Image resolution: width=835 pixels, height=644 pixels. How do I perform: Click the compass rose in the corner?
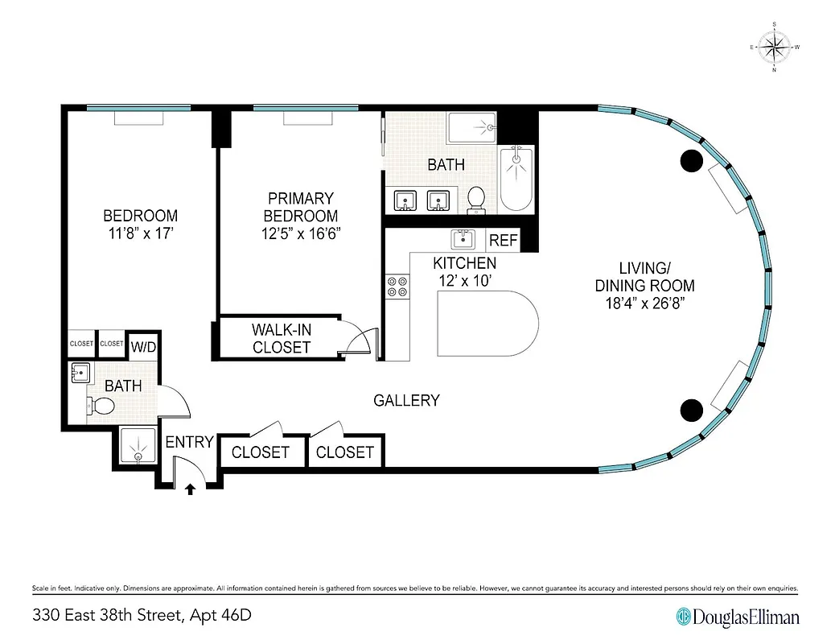[774, 47]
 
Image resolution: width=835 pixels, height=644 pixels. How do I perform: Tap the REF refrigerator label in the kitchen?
[503, 240]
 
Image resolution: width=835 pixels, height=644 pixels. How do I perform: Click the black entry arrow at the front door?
[191, 488]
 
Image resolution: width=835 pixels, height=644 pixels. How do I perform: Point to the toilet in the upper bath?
[476, 200]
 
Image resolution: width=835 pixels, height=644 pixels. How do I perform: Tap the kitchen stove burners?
[397, 288]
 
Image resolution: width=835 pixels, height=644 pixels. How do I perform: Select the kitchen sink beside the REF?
[463, 239]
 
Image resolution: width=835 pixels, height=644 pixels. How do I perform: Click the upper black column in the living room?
[691, 161]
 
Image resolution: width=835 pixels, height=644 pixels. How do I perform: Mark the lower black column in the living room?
[691, 411]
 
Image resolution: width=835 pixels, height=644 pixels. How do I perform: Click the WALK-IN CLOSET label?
[281, 338]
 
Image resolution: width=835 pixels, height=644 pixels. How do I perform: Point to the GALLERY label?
[406, 400]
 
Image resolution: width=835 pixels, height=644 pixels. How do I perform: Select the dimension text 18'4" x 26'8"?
[644, 303]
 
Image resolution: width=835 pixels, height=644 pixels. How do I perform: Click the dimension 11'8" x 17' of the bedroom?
[140, 234]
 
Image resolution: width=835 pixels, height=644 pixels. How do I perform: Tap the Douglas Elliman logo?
[738, 616]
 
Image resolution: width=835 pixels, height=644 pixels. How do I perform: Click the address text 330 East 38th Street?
[142, 616]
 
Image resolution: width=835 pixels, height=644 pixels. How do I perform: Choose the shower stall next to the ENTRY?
[138, 445]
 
